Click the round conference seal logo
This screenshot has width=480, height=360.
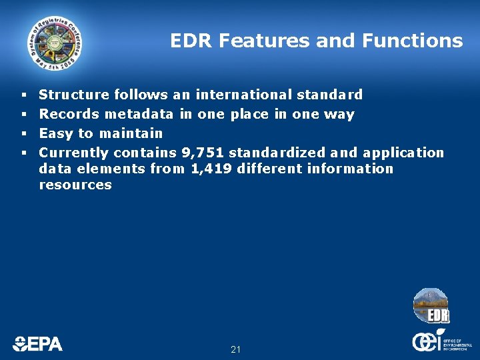tap(55, 43)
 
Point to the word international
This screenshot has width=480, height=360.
tap(243, 95)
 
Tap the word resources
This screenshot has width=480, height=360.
tap(75, 185)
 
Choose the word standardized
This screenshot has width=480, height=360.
tap(277, 153)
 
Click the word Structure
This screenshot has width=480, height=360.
tap(75, 95)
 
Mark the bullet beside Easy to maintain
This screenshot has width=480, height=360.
tap(23, 133)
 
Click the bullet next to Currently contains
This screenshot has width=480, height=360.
tap(23, 153)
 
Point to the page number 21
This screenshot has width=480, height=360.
tap(235, 349)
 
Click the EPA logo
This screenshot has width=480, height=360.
tap(38, 343)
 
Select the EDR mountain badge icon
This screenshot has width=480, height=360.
tap(431, 306)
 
